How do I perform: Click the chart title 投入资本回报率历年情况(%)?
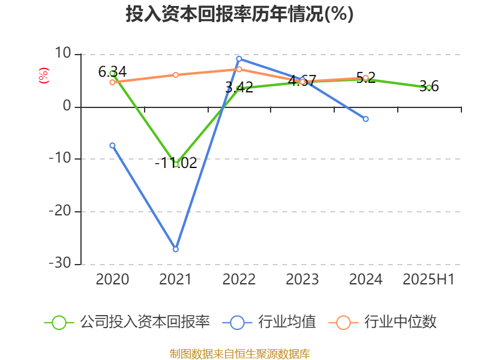click(x=239, y=14)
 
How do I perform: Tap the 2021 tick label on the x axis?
click(x=176, y=279)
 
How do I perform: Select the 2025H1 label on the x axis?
click(x=428, y=279)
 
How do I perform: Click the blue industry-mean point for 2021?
click(x=176, y=249)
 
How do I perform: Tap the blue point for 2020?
click(x=112, y=145)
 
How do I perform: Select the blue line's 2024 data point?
click(x=365, y=119)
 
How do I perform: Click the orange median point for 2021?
click(x=176, y=75)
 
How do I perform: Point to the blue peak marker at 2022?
click(x=239, y=59)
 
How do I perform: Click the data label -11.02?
click(x=176, y=163)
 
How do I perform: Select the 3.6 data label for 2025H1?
click(x=429, y=86)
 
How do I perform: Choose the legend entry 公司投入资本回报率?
click(x=128, y=322)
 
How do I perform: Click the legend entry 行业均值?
click(x=271, y=322)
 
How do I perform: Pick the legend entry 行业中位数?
click(x=384, y=322)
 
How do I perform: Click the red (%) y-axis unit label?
click(x=43, y=76)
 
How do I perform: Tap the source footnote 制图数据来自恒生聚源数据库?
click(x=239, y=353)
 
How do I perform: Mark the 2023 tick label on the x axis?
click(x=302, y=279)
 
